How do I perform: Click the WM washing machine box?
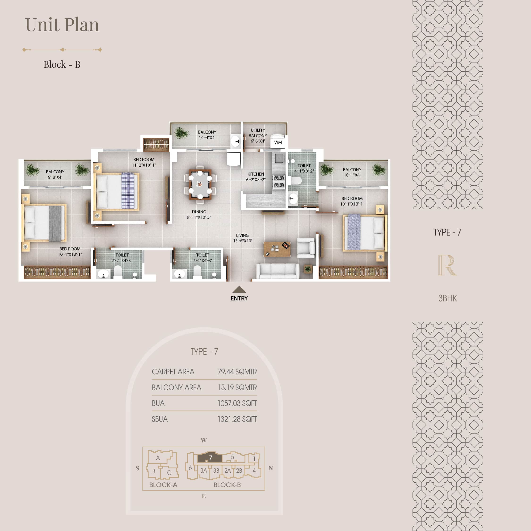pos(278,142)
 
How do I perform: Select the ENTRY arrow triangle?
pos(239,289)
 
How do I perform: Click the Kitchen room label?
pos(256,177)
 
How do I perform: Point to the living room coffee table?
pos(277,249)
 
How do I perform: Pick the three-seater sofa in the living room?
pos(278,271)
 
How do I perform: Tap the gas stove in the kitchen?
pos(279,182)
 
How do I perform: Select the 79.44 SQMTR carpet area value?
pos(237,372)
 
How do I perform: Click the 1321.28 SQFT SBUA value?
pos(237,419)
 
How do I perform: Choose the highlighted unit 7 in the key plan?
pos(210,458)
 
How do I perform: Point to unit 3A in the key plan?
pos(203,471)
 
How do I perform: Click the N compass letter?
pos(271,468)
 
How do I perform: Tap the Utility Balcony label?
pos(258,135)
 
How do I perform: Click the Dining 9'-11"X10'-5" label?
pos(199,214)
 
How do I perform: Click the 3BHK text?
pos(447,298)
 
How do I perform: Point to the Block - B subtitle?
pos(62,64)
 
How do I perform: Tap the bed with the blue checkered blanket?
pos(116,192)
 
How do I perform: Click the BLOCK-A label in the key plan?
pos(163,485)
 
